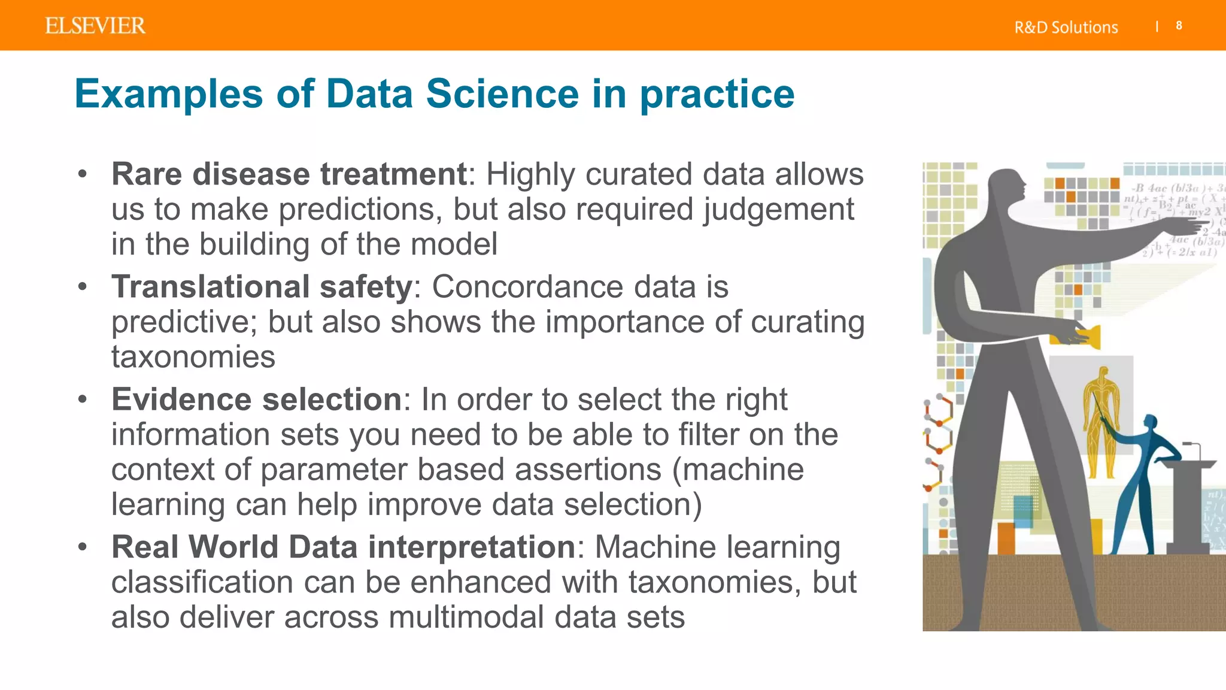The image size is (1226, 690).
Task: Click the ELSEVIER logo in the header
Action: (95, 26)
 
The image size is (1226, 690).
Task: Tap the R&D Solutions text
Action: (1066, 28)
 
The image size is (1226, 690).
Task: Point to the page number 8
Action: (1179, 26)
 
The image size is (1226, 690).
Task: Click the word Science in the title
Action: (502, 94)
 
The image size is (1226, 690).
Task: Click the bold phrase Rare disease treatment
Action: (289, 174)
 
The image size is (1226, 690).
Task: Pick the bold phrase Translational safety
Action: (262, 286)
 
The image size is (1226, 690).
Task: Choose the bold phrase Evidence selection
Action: (256, 399)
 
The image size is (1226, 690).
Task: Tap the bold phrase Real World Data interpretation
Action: (343, 547)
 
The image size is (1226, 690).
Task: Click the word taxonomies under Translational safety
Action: (193, 357)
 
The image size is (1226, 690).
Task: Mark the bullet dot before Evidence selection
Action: (83, 398)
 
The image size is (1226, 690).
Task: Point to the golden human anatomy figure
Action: (1100, 419)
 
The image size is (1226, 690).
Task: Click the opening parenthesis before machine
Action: (676, 470)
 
